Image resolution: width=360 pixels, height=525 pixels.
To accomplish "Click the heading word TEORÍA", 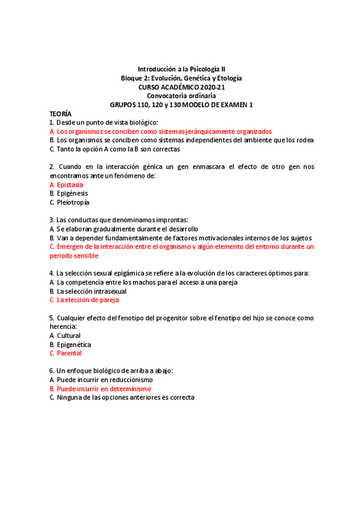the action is pos(61,114).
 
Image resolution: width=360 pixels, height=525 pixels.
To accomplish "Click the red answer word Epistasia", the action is pos(70,184).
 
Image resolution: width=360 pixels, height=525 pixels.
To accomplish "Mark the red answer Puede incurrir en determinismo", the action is pos(103,389).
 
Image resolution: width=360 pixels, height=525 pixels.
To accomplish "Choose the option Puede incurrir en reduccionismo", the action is pos(105,380).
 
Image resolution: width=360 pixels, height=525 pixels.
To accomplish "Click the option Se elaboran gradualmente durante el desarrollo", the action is pos(127,229).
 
